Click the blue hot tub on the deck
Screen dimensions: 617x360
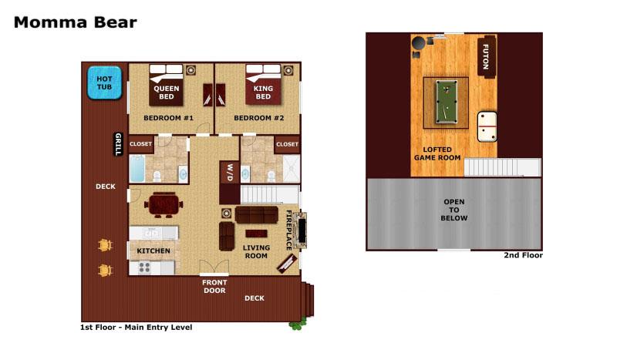pyautogui.click(x=104, y=82)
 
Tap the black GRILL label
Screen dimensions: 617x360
pyautogui.click(x=118, y=143)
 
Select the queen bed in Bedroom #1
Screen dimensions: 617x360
pyautogui.click(x=166, y=85)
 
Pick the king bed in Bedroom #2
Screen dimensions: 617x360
pyautogui.click(x=263, y=85)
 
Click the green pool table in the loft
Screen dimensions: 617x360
pyautogui.click(x=447, y=102)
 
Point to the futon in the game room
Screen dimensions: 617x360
pyautogui.click(x=487, y=56)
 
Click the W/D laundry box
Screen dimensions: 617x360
pyautogui.click(x=230, y=173)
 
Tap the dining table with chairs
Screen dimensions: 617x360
pyautogui.click(x=164, y=204)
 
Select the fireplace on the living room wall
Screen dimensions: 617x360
pyautogui.click(x=301, y=230)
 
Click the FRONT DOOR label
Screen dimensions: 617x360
pyautogui.click(x=214, y=287)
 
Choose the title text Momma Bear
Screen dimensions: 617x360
pyautogui.click(x=75, y=22)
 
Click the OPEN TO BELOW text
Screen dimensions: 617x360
pyautogui.click(x=454, y=210)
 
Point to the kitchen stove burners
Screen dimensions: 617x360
pyautogui.click(x=144, y=268)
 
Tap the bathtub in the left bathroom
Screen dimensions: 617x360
pyautogui.click(x=137, y=168)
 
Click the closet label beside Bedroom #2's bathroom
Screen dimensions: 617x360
pyautogui.click(x=287, y=144)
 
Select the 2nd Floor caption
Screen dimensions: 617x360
pyautogui.click(x=524, y=255)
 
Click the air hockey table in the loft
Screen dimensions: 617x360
pyautogui.click(x=487, y=126)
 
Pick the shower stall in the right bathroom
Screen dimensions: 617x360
pyautogui.click(x=292, y=169)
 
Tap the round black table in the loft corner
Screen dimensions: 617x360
pyautogui.click(x=418, y=43)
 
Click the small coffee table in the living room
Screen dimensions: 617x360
pyautogui.click(x=256, y=234)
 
